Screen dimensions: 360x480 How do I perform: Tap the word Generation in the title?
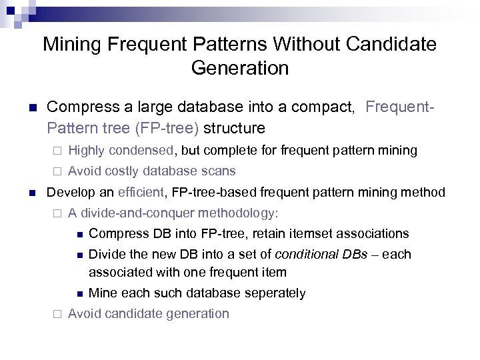[x=240, y=68]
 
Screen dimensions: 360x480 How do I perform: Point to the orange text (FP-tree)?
[x=171, y=127]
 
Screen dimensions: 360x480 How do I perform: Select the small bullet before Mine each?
[x=78, y=293]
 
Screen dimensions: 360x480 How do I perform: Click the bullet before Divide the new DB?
[x=78, y=255]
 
